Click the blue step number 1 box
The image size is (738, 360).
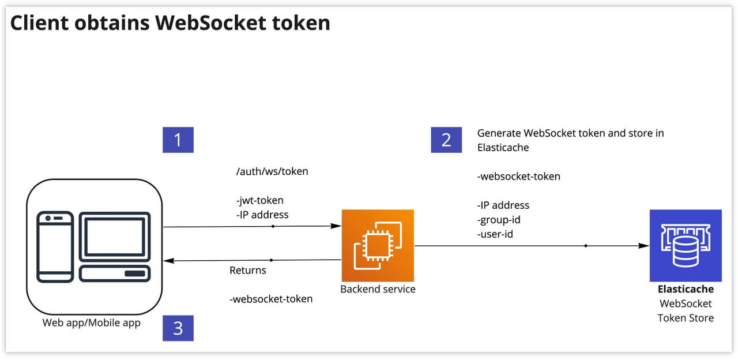coord(178,140)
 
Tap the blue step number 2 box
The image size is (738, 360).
coord(446,140)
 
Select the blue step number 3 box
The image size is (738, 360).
coord(178,328)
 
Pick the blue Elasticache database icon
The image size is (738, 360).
coord(685,245)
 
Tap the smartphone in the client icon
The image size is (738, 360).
coord(55,247)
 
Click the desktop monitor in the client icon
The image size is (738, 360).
coord(114,237)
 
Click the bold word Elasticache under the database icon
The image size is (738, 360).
coord(686,289)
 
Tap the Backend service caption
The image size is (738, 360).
coord(378,289)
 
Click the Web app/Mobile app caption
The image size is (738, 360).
coord(92,322)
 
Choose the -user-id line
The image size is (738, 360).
coord(495,234)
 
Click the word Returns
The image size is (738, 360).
coord(248,270)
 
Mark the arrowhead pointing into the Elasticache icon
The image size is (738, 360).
coord(644,246)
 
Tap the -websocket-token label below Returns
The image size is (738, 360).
coord(271,299)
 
